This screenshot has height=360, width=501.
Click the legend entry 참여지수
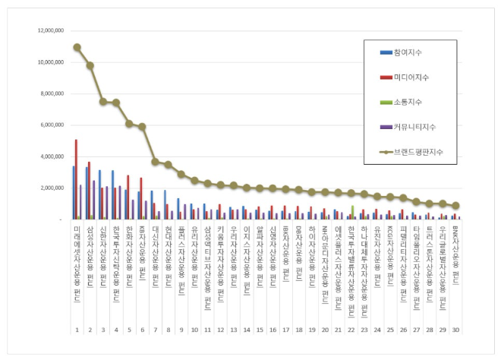tap(408, 52)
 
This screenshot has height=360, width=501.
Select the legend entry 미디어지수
tap(410, 77)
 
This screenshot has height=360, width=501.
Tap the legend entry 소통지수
tap(408, 102)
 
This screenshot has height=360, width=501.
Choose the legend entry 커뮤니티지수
tap(413, 127)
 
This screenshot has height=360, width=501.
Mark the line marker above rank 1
tap(77, 47)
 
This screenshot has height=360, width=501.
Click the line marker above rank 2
tap(90, 65)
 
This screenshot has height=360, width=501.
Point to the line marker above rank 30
tap(455, 206)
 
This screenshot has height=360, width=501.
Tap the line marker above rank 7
tap(155, 162)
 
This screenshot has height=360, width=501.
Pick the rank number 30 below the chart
tap(455, 330)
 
